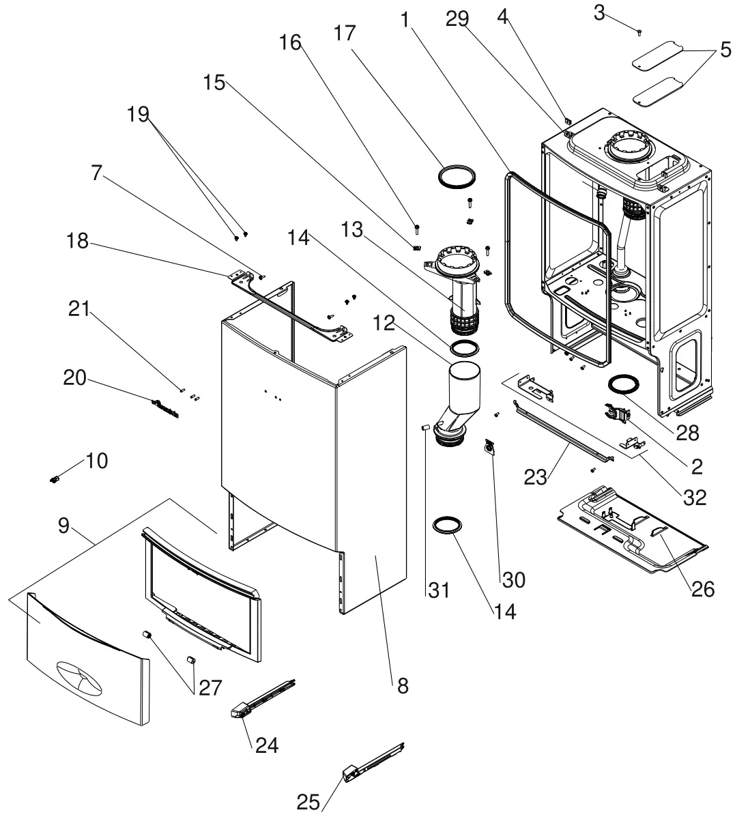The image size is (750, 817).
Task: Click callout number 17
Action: pyautogui.click(x=345, y=32)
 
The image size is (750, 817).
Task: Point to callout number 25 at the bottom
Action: pyautogui.click(x=308, y=803)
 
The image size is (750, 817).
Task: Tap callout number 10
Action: pyautogui.click(x=97, y=461)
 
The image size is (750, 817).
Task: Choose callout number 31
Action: pyautogui.click(x=439, y=589)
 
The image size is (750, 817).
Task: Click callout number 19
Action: pyautogui.click(x=138, y=113)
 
